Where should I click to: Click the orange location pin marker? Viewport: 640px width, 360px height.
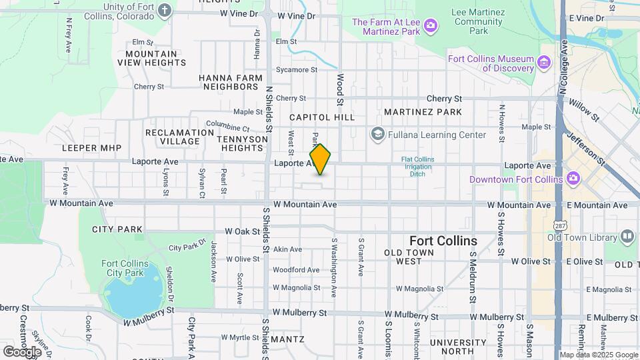[320, 159]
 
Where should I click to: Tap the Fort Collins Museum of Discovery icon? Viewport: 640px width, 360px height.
[545, 63]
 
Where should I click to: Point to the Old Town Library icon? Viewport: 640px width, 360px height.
[627, 237]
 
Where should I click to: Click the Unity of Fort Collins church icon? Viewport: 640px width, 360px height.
[165, 11]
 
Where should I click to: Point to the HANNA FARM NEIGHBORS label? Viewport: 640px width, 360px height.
[231, 82]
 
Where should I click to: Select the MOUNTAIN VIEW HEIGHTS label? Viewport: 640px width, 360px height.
[152, 58]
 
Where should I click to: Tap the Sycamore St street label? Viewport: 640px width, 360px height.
[296, 69]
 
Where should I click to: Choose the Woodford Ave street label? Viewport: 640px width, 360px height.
[295, 270]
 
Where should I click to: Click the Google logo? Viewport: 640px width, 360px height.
[22, 351]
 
